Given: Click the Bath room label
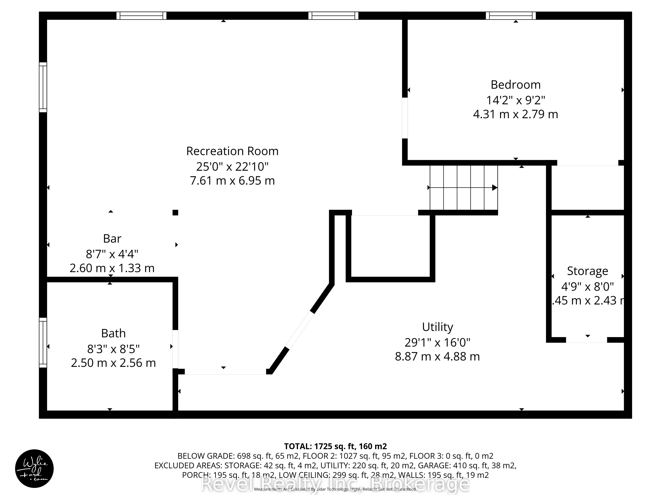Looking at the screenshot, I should click(113, 333).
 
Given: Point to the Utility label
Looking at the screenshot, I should click(437, 327).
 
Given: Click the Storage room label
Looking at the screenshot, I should click(587, 271).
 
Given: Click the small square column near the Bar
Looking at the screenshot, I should click(175, 213).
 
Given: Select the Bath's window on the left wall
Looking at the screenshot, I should click(43, 343).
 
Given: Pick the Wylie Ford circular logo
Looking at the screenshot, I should click(34, 468).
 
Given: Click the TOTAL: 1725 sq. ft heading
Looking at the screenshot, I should click(335, 446).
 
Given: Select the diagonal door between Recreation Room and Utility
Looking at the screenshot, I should click(300, 330).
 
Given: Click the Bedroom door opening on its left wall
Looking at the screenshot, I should click(405, 118).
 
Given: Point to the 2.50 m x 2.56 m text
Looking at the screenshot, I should click(113, 363).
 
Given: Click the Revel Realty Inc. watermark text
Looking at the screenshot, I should click(335, 484).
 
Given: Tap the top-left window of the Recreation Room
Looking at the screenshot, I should click(141, 15).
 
